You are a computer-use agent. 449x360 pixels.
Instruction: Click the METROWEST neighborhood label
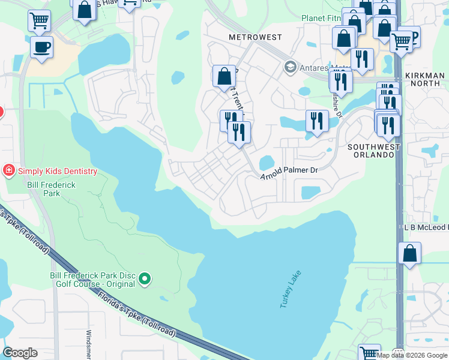click(255, 37)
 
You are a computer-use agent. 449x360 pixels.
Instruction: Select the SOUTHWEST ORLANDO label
click(372, 151)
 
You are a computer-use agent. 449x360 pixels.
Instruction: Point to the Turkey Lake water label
click(291, 290)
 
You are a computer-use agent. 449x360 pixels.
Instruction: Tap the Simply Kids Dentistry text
click(57, 171)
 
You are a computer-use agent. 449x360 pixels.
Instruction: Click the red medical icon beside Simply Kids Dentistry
click(9, 171)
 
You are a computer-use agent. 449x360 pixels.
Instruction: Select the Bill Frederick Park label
click(51, 190)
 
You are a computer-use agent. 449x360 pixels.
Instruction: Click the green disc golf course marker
click(145, 278)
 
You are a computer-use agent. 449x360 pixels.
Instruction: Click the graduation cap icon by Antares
click(291, 65)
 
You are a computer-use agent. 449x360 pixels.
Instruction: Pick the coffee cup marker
click(41, 47)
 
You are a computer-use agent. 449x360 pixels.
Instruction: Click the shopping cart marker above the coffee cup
click(39, 20)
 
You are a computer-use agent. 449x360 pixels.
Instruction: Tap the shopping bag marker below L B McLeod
click(409, 253)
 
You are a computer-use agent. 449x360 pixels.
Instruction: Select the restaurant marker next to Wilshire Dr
click(315, 121)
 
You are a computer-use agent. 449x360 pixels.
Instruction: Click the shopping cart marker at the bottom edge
click(369, 353)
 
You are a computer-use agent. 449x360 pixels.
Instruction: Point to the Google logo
click(20, 353)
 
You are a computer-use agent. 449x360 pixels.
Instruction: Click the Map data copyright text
click(412, 356)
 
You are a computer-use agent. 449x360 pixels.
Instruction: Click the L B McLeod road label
click(426, 228)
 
